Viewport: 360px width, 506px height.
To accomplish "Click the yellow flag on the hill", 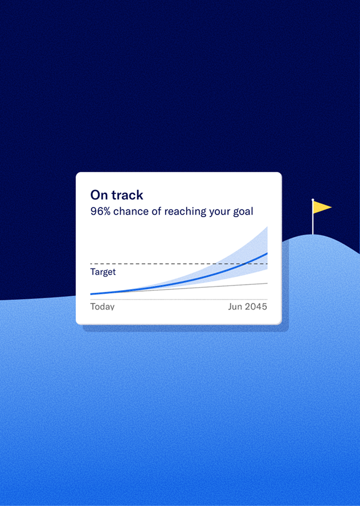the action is tap(322, 207).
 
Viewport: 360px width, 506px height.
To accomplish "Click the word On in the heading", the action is tap(99, 195).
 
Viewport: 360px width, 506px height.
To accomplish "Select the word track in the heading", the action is tap(127, 195).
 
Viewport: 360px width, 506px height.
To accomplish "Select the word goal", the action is tap(243, 212).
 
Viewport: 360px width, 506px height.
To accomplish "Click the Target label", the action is tap(103, 272).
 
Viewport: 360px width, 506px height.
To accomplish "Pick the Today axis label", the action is tap(102, 306).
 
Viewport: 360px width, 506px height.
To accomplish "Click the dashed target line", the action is tap(179, 264).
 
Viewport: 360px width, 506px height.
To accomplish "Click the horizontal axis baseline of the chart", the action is tap(179, 300).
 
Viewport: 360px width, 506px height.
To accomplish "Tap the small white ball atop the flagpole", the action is tap(312, 200).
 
